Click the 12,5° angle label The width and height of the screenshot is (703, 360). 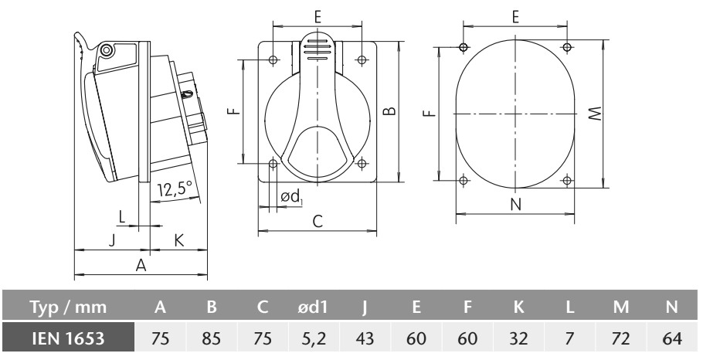(x=175, y=189)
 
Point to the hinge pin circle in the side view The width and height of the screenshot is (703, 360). (x=106, y=50)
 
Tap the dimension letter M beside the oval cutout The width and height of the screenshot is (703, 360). (x=596, y=114)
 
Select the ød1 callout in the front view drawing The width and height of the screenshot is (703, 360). (x=291, y=197)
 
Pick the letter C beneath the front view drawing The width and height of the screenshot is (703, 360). (x=318, y=221)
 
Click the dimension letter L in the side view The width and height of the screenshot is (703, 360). (x=122, y=217)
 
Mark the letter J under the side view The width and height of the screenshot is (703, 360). (x=112, y=241)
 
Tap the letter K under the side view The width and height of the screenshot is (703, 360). (x=178, y=241)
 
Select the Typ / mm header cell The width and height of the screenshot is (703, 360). (x=68, y=307)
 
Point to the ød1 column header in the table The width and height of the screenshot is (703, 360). (x=314, y=307)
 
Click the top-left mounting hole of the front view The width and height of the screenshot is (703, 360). (x=273, y=59)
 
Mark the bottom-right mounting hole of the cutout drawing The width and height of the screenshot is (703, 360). (x=567, y=181)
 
